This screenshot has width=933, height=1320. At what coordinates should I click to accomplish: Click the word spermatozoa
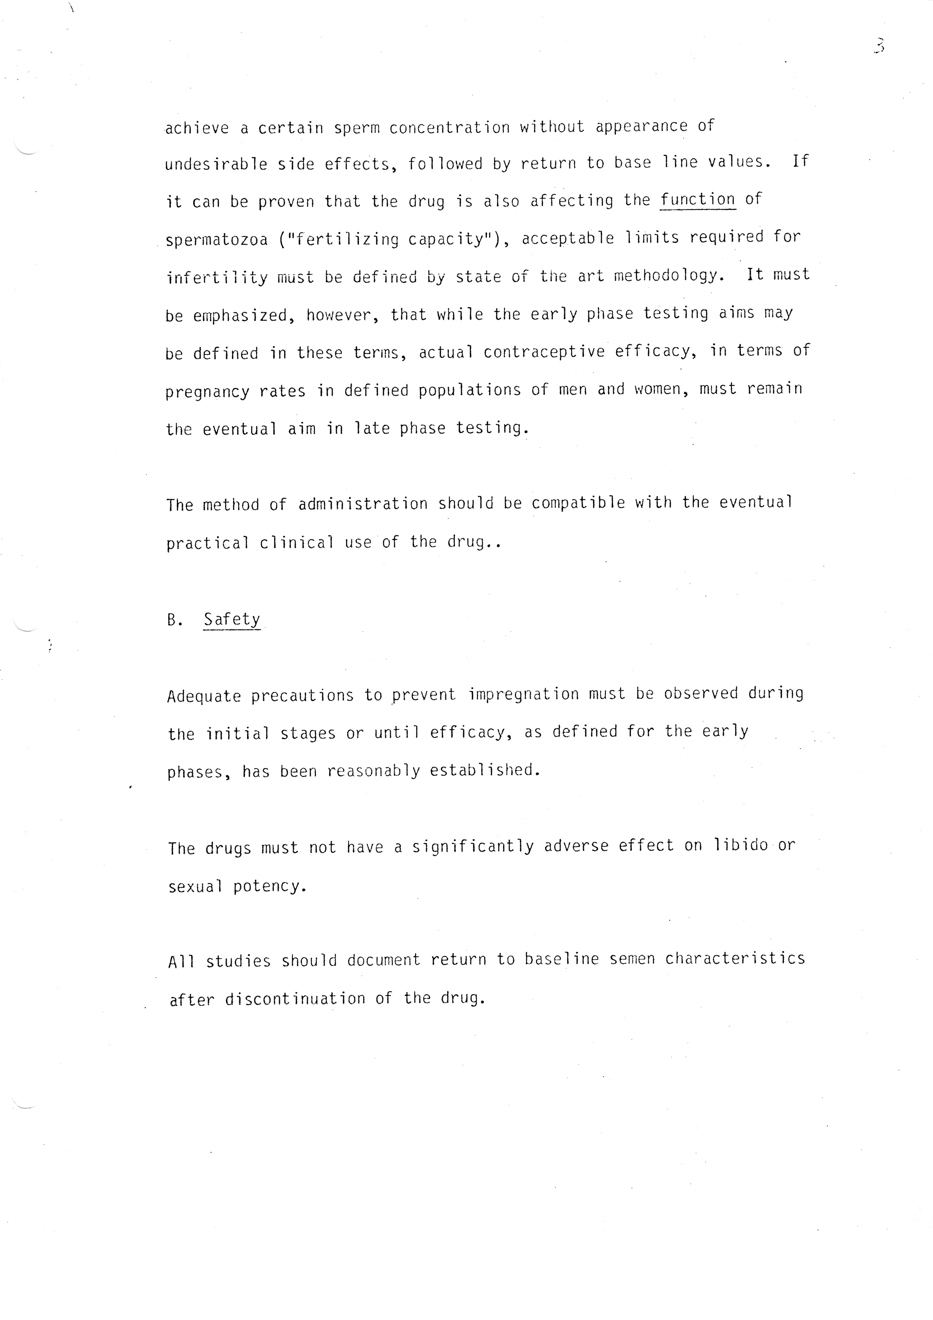[x=217, y=240]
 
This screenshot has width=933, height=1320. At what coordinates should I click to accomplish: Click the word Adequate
[x=204, y=696]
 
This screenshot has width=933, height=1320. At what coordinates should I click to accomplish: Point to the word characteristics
[x=735, y=958]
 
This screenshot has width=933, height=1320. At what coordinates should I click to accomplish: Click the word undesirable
[x=216, y=164]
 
